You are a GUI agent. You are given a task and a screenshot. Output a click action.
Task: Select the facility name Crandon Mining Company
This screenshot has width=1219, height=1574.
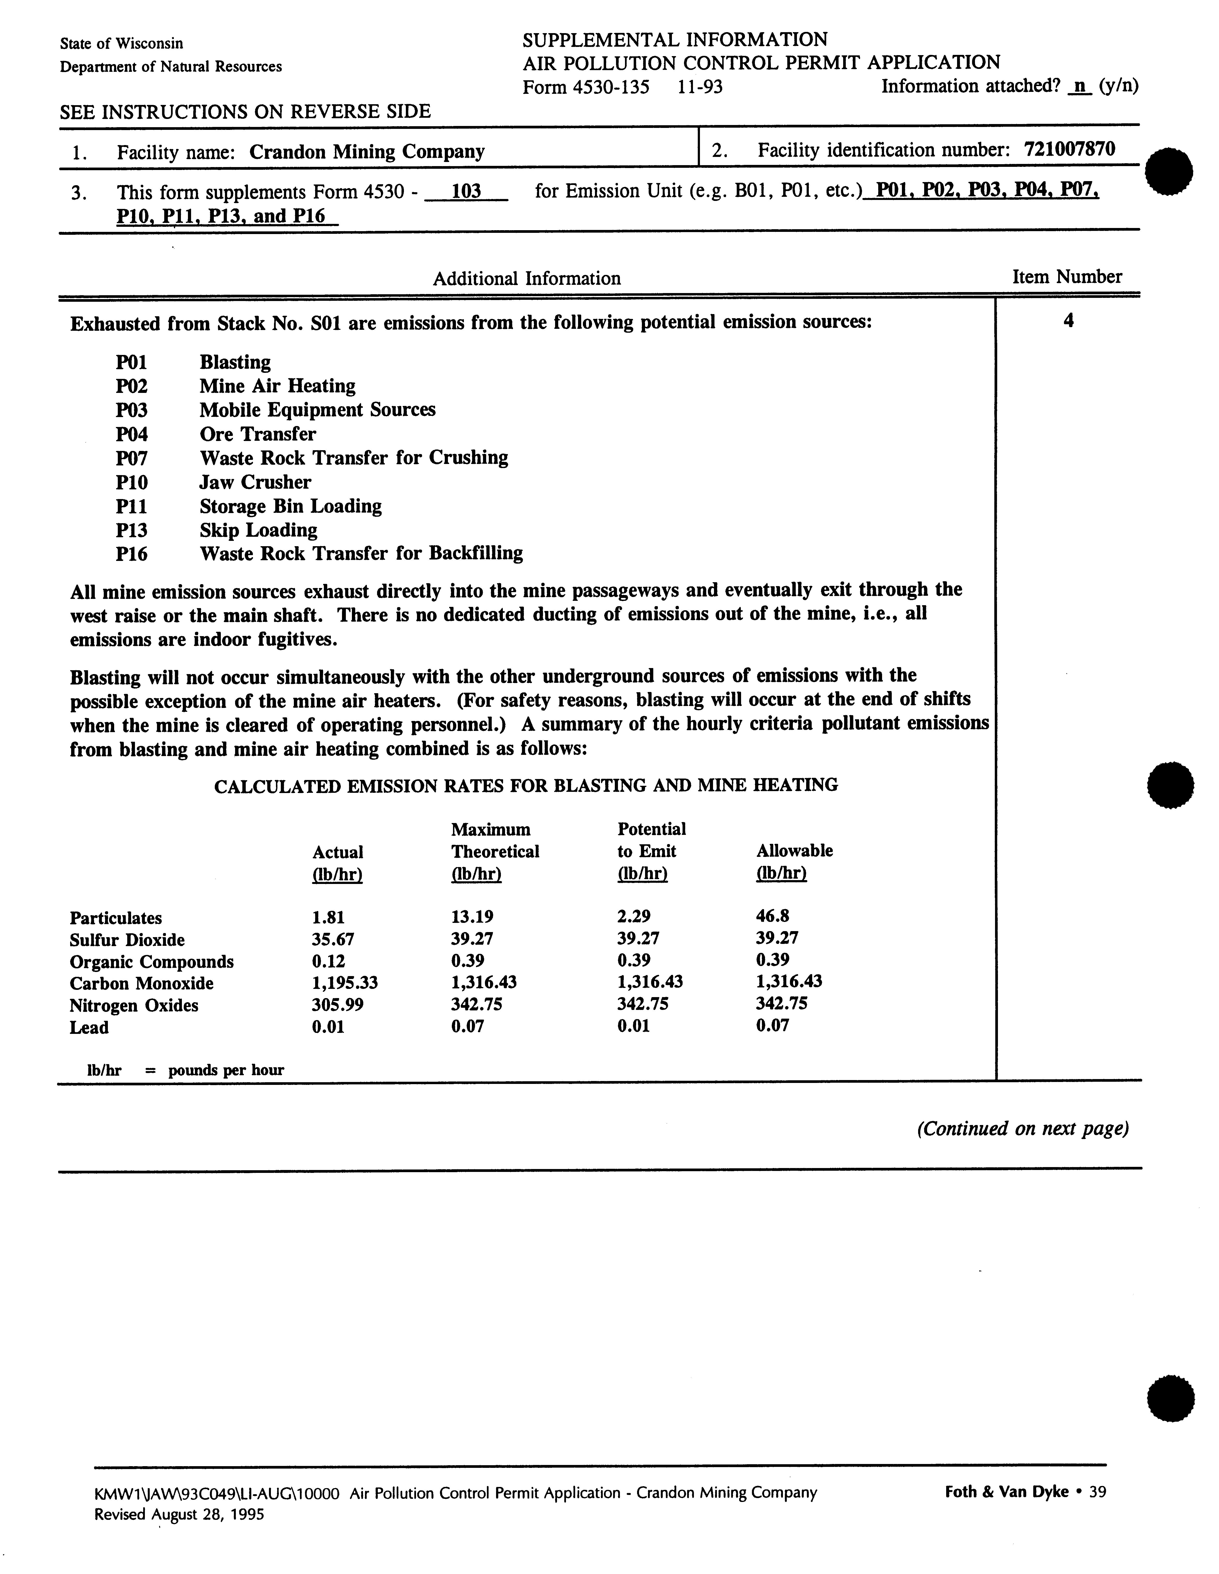(367, 152)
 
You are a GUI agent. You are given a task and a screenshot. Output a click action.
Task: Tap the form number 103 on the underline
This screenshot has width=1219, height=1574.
(466, 192)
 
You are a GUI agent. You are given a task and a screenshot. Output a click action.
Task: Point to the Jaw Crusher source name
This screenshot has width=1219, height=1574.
(255, 482)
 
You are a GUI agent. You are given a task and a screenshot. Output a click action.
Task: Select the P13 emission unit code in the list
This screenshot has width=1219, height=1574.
(131, 530)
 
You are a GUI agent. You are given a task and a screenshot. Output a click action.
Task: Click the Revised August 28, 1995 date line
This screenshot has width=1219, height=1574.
(179, 1514)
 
